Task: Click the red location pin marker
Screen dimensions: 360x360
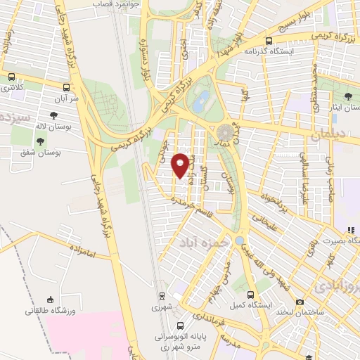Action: [181, 165]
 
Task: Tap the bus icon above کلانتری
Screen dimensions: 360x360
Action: [12, 77]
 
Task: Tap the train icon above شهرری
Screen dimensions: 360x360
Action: [161, 296]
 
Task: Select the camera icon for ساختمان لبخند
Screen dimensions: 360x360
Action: [301, 302]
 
